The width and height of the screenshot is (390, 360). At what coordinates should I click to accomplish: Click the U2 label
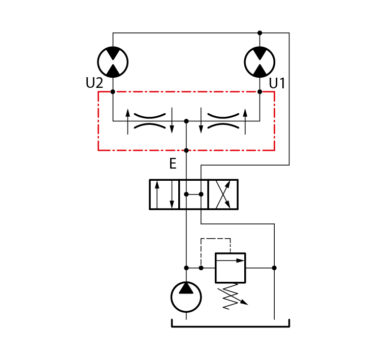(x=94, y=83)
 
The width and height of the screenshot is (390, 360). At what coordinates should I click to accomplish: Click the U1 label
(x=277, y=83)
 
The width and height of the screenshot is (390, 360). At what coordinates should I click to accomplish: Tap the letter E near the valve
(x=173, y=163)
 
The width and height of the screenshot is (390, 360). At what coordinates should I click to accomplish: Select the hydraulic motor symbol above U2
(x=113, y=62)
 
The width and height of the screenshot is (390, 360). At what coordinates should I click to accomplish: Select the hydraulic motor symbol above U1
(x=259, y=62)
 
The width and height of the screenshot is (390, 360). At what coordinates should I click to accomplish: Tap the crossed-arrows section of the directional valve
(x=223, y=194)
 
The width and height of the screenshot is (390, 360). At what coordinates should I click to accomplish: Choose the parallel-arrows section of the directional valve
(x=164, y=194)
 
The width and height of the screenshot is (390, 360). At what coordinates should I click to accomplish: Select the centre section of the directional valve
(x=193, y=194)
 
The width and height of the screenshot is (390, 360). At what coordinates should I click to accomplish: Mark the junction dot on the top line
(x=259, y=33)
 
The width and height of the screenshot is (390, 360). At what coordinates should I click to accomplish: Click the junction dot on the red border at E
(x=186, y=150)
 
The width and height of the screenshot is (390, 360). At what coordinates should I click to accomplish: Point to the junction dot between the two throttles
(x=186, y=121)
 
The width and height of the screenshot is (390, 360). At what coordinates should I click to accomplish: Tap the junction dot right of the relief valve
(x=274, y=268)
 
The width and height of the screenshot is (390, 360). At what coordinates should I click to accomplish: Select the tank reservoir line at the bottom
(x=231, y=326)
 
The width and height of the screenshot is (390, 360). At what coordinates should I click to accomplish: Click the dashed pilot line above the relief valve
(x=215, y=239)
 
